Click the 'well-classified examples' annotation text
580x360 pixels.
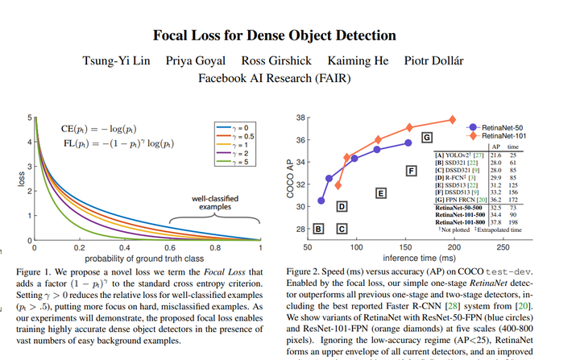[209, 201]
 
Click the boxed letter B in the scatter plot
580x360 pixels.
[319, 230]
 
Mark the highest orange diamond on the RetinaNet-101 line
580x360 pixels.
[453, 120]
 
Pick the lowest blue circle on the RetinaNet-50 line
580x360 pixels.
[321, 201]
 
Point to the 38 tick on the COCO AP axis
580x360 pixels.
[301, 118]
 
